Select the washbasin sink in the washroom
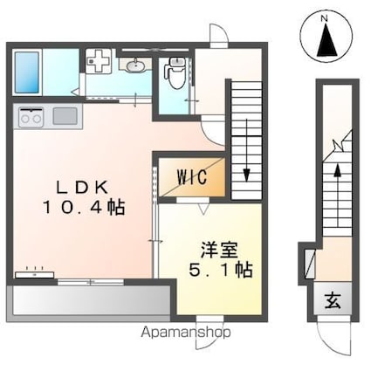134,65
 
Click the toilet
175,73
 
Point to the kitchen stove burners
31,115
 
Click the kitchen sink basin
65,115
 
